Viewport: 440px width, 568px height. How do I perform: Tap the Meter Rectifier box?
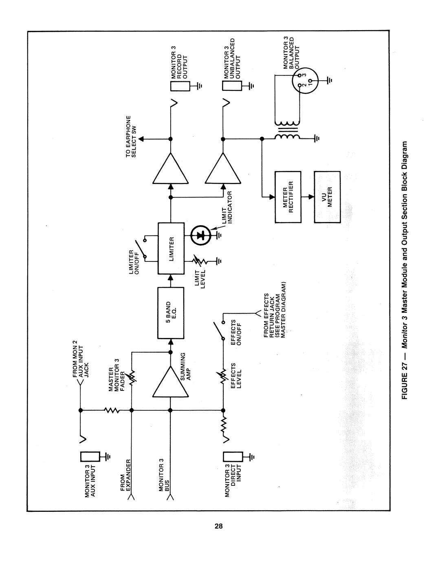pyautogui.click(x=288, y=197)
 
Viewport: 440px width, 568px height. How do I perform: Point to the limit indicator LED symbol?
pyautogui.click(x=200, y=235)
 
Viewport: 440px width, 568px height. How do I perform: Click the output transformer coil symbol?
pyautogui.click(x=287, y=131)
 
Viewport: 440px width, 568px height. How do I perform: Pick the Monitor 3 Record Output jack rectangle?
pyautogui.click(x=179, y=86)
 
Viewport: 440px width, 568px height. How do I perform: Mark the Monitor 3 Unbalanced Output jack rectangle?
pyautogui.click(x=231, y=86)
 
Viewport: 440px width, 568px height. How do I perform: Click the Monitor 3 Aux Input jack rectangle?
pyautogui.click(x=89, y=457)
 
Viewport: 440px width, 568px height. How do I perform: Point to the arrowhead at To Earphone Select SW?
pyautogui.click(x=141, y=139)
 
